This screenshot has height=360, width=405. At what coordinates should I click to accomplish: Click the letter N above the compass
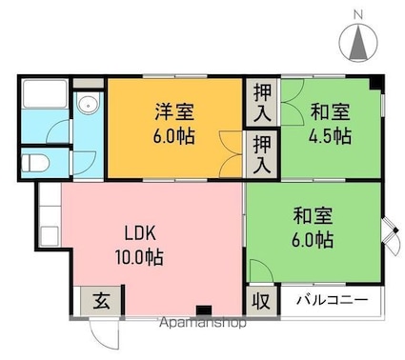pyautogui.click(x=358, y=14)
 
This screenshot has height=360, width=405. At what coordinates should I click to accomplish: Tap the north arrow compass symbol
pyautogui.click(x=358, y=43)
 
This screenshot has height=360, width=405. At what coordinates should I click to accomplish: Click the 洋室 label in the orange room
pyautogui.click(x=174, y=111)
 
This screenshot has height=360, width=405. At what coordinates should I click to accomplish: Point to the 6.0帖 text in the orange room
pyautogui.click(x=173, y=136)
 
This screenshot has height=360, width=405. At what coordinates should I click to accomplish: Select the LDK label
pyautogui.click(x=140, y=233)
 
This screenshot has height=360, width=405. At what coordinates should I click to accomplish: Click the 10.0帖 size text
pyautogui.click(x=139, y=257)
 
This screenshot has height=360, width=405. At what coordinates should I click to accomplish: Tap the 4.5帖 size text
pyautogui.click(x=331, y=135)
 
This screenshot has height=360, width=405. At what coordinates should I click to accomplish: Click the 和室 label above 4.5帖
pyautogui.click(x=331, y=111)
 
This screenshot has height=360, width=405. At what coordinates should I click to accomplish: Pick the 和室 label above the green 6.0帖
pyautogui.click(x=313, y=215)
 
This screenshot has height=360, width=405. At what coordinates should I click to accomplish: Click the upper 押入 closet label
pyautogui.click(x=262, y=102)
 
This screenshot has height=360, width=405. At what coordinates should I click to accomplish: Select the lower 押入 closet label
pyautogui.click(x=262, y=154)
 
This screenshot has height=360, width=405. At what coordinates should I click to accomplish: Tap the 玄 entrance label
pyautogui.click(x=101, y=300)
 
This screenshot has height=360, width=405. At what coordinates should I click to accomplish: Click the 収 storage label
pyautogui.click(x=261, y=300)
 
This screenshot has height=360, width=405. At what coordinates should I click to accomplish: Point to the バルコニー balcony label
pyautogui.click(x=333, y=299)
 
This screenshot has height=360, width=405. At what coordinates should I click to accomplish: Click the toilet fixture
pyautogui.click(x=35, y=164)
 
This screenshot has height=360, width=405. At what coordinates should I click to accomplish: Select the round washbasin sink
pyautogui.click(x=89, y=104)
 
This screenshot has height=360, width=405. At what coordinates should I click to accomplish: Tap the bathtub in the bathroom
pyautogui.click(x=45, y=94)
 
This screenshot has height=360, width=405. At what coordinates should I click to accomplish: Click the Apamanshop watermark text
pyautogui.click(x=203, y=323)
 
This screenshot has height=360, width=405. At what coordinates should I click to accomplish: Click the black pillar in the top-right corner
pyautogui.click(x=376, y=83)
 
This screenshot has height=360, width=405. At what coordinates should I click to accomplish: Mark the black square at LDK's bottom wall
pyautogui.click(x=204, y=310)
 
